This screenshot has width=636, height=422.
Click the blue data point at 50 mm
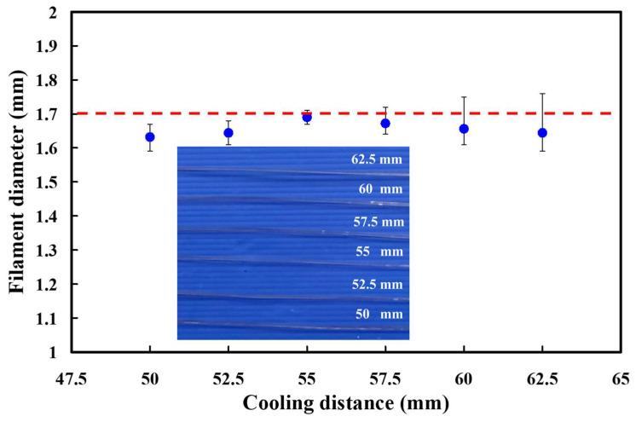(150, 136)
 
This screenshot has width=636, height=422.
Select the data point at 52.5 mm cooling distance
(228, 132)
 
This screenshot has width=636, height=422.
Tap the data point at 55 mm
(307, 118)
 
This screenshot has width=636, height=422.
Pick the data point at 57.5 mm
(385, 124)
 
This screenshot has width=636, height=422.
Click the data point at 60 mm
(464, 129)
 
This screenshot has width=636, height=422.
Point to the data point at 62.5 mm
(542, 132)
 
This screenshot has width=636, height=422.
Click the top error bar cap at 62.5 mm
(542, 93)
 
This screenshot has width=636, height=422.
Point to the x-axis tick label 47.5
(72, 378)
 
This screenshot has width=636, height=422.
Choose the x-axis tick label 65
(621, 378)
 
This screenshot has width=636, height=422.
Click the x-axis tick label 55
(307, 378)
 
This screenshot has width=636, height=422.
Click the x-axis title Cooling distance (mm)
(346, 403)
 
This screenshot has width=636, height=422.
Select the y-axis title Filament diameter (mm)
(17, 182)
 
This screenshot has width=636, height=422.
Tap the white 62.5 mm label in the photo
(376, 159)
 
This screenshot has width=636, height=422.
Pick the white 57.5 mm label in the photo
(376, 222)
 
